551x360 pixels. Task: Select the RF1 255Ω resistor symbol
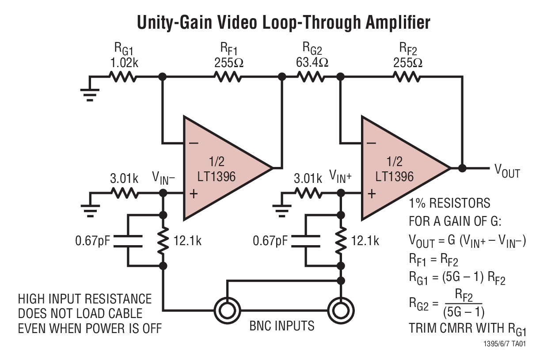(228, 77)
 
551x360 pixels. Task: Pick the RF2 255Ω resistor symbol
(407, 77)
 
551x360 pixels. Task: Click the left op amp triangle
(221, 168)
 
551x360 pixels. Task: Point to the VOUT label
(507, 171)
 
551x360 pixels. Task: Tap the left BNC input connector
(226, 309)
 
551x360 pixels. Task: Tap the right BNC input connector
(341, 309)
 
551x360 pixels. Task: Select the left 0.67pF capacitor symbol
(128, 241)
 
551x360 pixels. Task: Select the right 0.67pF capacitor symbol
(306, 241)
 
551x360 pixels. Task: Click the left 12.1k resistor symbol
(163, 241)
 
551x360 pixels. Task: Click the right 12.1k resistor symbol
(341, 241)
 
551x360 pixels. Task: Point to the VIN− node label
(163, 178)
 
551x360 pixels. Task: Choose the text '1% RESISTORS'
(449, 204)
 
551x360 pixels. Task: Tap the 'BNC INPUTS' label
(282, 326)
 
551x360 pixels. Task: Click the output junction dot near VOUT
(462, 168)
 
